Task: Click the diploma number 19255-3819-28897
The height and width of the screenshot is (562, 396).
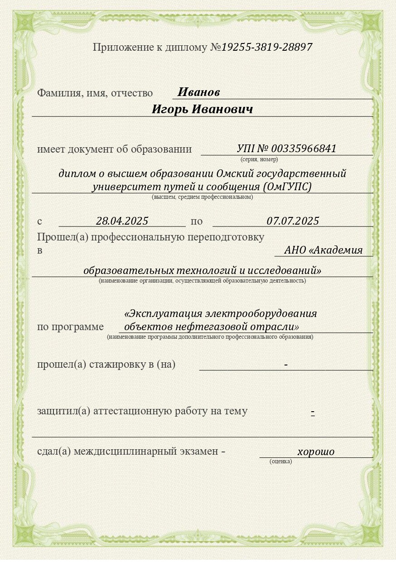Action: (267, 47)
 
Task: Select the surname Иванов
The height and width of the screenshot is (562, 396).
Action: (198, 92)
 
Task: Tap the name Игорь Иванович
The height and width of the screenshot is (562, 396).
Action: (202, 110)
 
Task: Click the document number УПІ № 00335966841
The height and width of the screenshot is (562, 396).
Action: (286, 149)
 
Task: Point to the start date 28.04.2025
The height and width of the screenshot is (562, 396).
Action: (122, 221)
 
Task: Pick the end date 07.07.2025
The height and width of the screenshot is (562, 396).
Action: (293, 221)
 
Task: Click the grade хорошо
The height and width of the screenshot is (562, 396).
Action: (316, 452)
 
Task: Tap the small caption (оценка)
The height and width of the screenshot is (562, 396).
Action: (281, 461)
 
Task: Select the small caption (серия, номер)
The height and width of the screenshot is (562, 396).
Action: (259, 159)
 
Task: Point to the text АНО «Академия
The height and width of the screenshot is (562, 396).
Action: (324, 250)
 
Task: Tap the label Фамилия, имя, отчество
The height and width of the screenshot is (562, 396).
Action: (95, 93)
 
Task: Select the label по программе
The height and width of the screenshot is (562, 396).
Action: (70, 327)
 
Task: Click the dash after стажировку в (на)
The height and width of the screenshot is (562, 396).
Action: (286, 365)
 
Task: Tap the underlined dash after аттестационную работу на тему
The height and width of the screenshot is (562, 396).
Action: (313, 412)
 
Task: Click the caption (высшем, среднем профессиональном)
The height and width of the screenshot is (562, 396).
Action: (202, 197)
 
